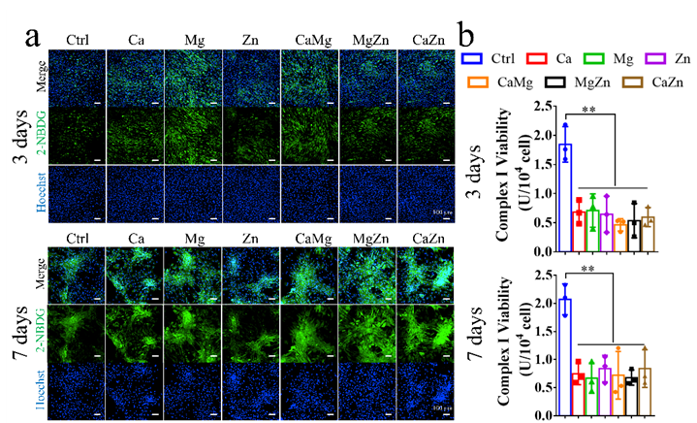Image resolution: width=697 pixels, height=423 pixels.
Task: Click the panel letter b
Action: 467,38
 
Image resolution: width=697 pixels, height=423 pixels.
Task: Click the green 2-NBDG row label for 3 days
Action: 44,131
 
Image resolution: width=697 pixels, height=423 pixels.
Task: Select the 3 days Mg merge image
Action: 193,77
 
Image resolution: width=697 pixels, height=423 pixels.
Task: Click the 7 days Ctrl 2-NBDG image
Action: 77,334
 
